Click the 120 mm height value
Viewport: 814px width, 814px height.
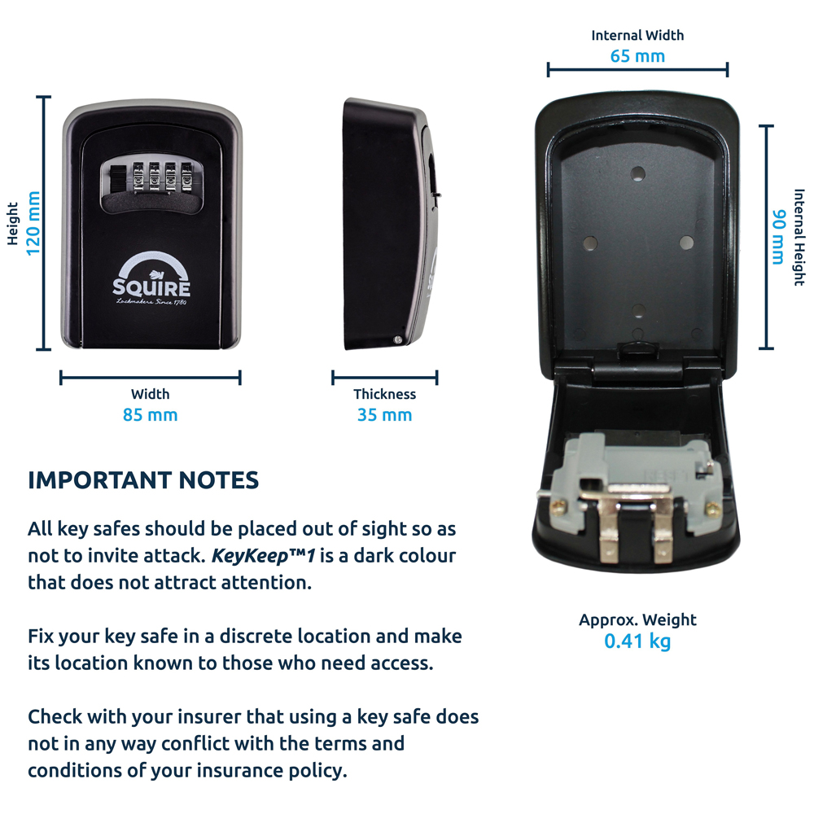pyautogui.click(x=33, y=223)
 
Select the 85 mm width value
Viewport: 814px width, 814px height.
pyautogui.click(x=150, y=415)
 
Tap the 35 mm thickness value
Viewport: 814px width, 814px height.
pyautogui.click(x=384, y=415)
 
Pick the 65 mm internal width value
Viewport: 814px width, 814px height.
pyautogui.click(x=637, y=56)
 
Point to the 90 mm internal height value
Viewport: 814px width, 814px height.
pyautogui.click(x=778, y=237)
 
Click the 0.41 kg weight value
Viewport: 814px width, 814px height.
pyautogui.click(x=637, y=641)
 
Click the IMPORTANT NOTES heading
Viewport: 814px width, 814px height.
pyautogui.click(x=143, y=480)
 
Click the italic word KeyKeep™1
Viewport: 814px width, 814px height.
pyautogui.click(x=264, y=556)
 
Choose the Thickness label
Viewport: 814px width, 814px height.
pyautogui.click(x=384, y=394)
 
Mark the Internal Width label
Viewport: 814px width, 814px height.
pyautogui.click(x=637, y=35)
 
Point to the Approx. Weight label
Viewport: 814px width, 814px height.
pyautogui.click(x=637, y=620)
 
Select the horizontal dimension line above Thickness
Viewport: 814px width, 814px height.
pyautogui.click(x=384, y=378)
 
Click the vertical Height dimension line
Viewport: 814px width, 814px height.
pyautogui.click(x=44, y=223)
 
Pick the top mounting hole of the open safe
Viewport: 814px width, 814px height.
pyautogui.click(x=638, y=173)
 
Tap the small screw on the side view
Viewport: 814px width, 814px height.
pyautogui.click(x=397, y=340)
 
